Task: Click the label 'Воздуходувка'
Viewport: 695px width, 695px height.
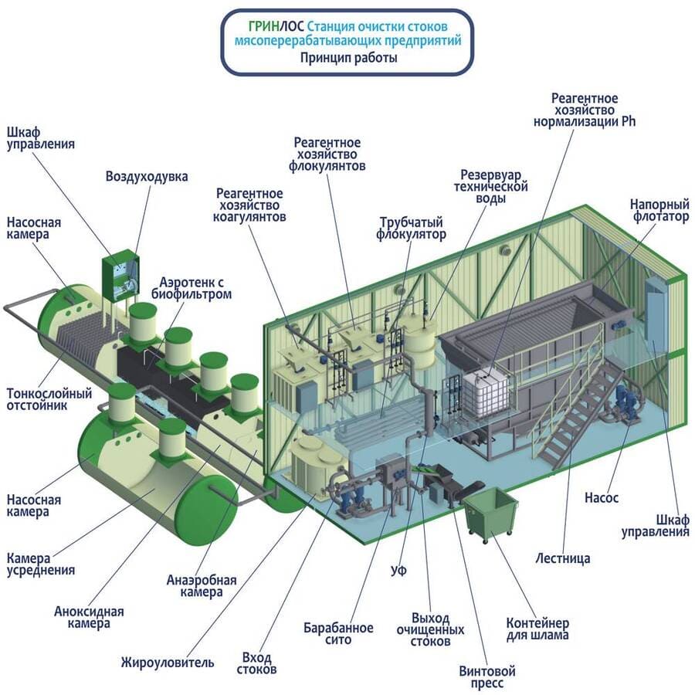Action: (x=147, y=176)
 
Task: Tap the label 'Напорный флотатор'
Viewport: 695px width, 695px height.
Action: (x=659, y=212)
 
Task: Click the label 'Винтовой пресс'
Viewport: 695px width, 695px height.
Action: (x=486, y=676)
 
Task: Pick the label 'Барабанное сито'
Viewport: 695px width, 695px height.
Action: (x=338, y=633)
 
